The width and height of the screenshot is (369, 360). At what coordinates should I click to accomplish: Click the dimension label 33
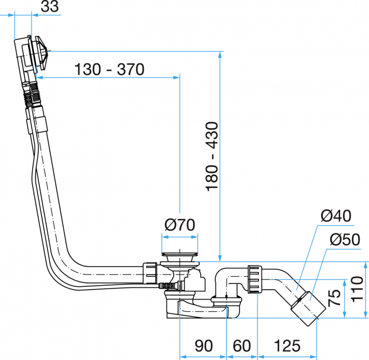[x=49, y=6]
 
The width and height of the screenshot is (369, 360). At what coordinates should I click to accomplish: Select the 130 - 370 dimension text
[x=109, y=69]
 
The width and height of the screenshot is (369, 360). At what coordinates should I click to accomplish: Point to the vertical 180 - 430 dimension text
[x=212, y=156]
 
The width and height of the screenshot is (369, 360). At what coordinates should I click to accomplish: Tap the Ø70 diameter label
[x=180, y=225]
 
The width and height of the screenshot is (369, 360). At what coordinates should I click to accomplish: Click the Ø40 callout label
[x=336, y=216]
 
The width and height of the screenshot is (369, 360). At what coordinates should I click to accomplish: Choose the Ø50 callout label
[x=345, y=240]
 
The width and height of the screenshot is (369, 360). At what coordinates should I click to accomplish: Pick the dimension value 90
[x=204, y=346]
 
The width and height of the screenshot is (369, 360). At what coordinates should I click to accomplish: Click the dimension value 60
[x=242, y=346]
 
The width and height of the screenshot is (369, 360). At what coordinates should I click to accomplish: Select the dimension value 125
[x=287, y=346]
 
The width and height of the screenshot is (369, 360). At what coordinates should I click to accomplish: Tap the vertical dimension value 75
[x=335, y=298]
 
